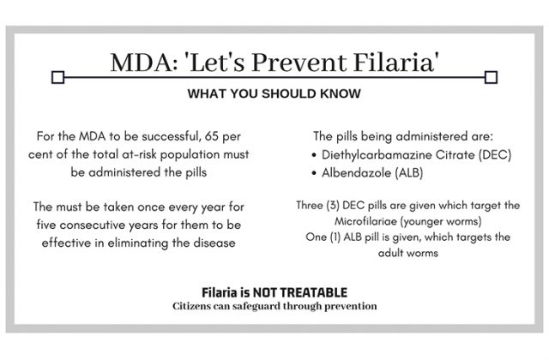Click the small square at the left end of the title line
pyautogui.click(x=57, y=77)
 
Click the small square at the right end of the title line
pyautogui.click(x=491, y=77)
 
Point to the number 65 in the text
pyautogui.click(x=212, y=136)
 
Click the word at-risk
pyautogui.click(x=139, y=154)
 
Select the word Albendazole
pyautogui.click(x=356, y=173)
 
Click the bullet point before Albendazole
pyautogui.click(x=314, y=173)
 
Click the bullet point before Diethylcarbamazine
pyautogui.click(x=314, y=155)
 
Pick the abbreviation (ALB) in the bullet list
pyautogui.click(x=409, y=173)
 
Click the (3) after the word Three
pyautogui.click(x=333, y=205)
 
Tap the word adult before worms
pyautogui.click(x=391, y=253)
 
